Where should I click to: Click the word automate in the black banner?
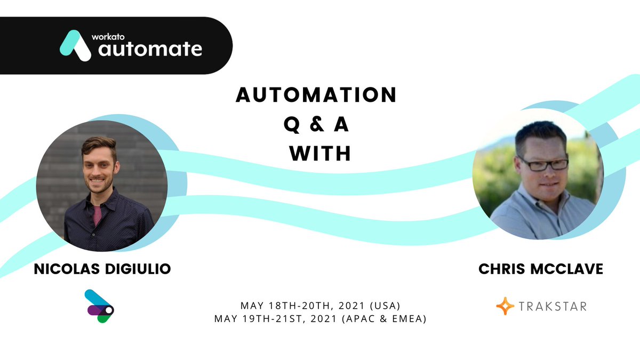(150, 50)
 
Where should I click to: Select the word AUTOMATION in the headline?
(316, 95)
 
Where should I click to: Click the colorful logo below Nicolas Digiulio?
(99, 306)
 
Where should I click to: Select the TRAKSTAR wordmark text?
(553, 307)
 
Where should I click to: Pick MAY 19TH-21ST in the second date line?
(251, 318)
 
